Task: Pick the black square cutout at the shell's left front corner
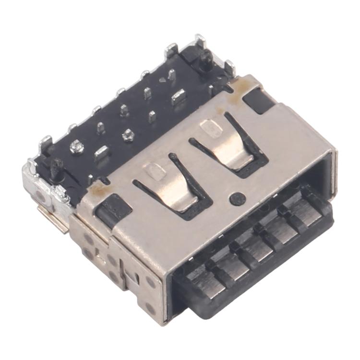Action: click(113, 209)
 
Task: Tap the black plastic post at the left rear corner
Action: click(55, 168)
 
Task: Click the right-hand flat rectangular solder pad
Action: click(179, 96)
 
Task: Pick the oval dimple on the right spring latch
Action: click(209, 127)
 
